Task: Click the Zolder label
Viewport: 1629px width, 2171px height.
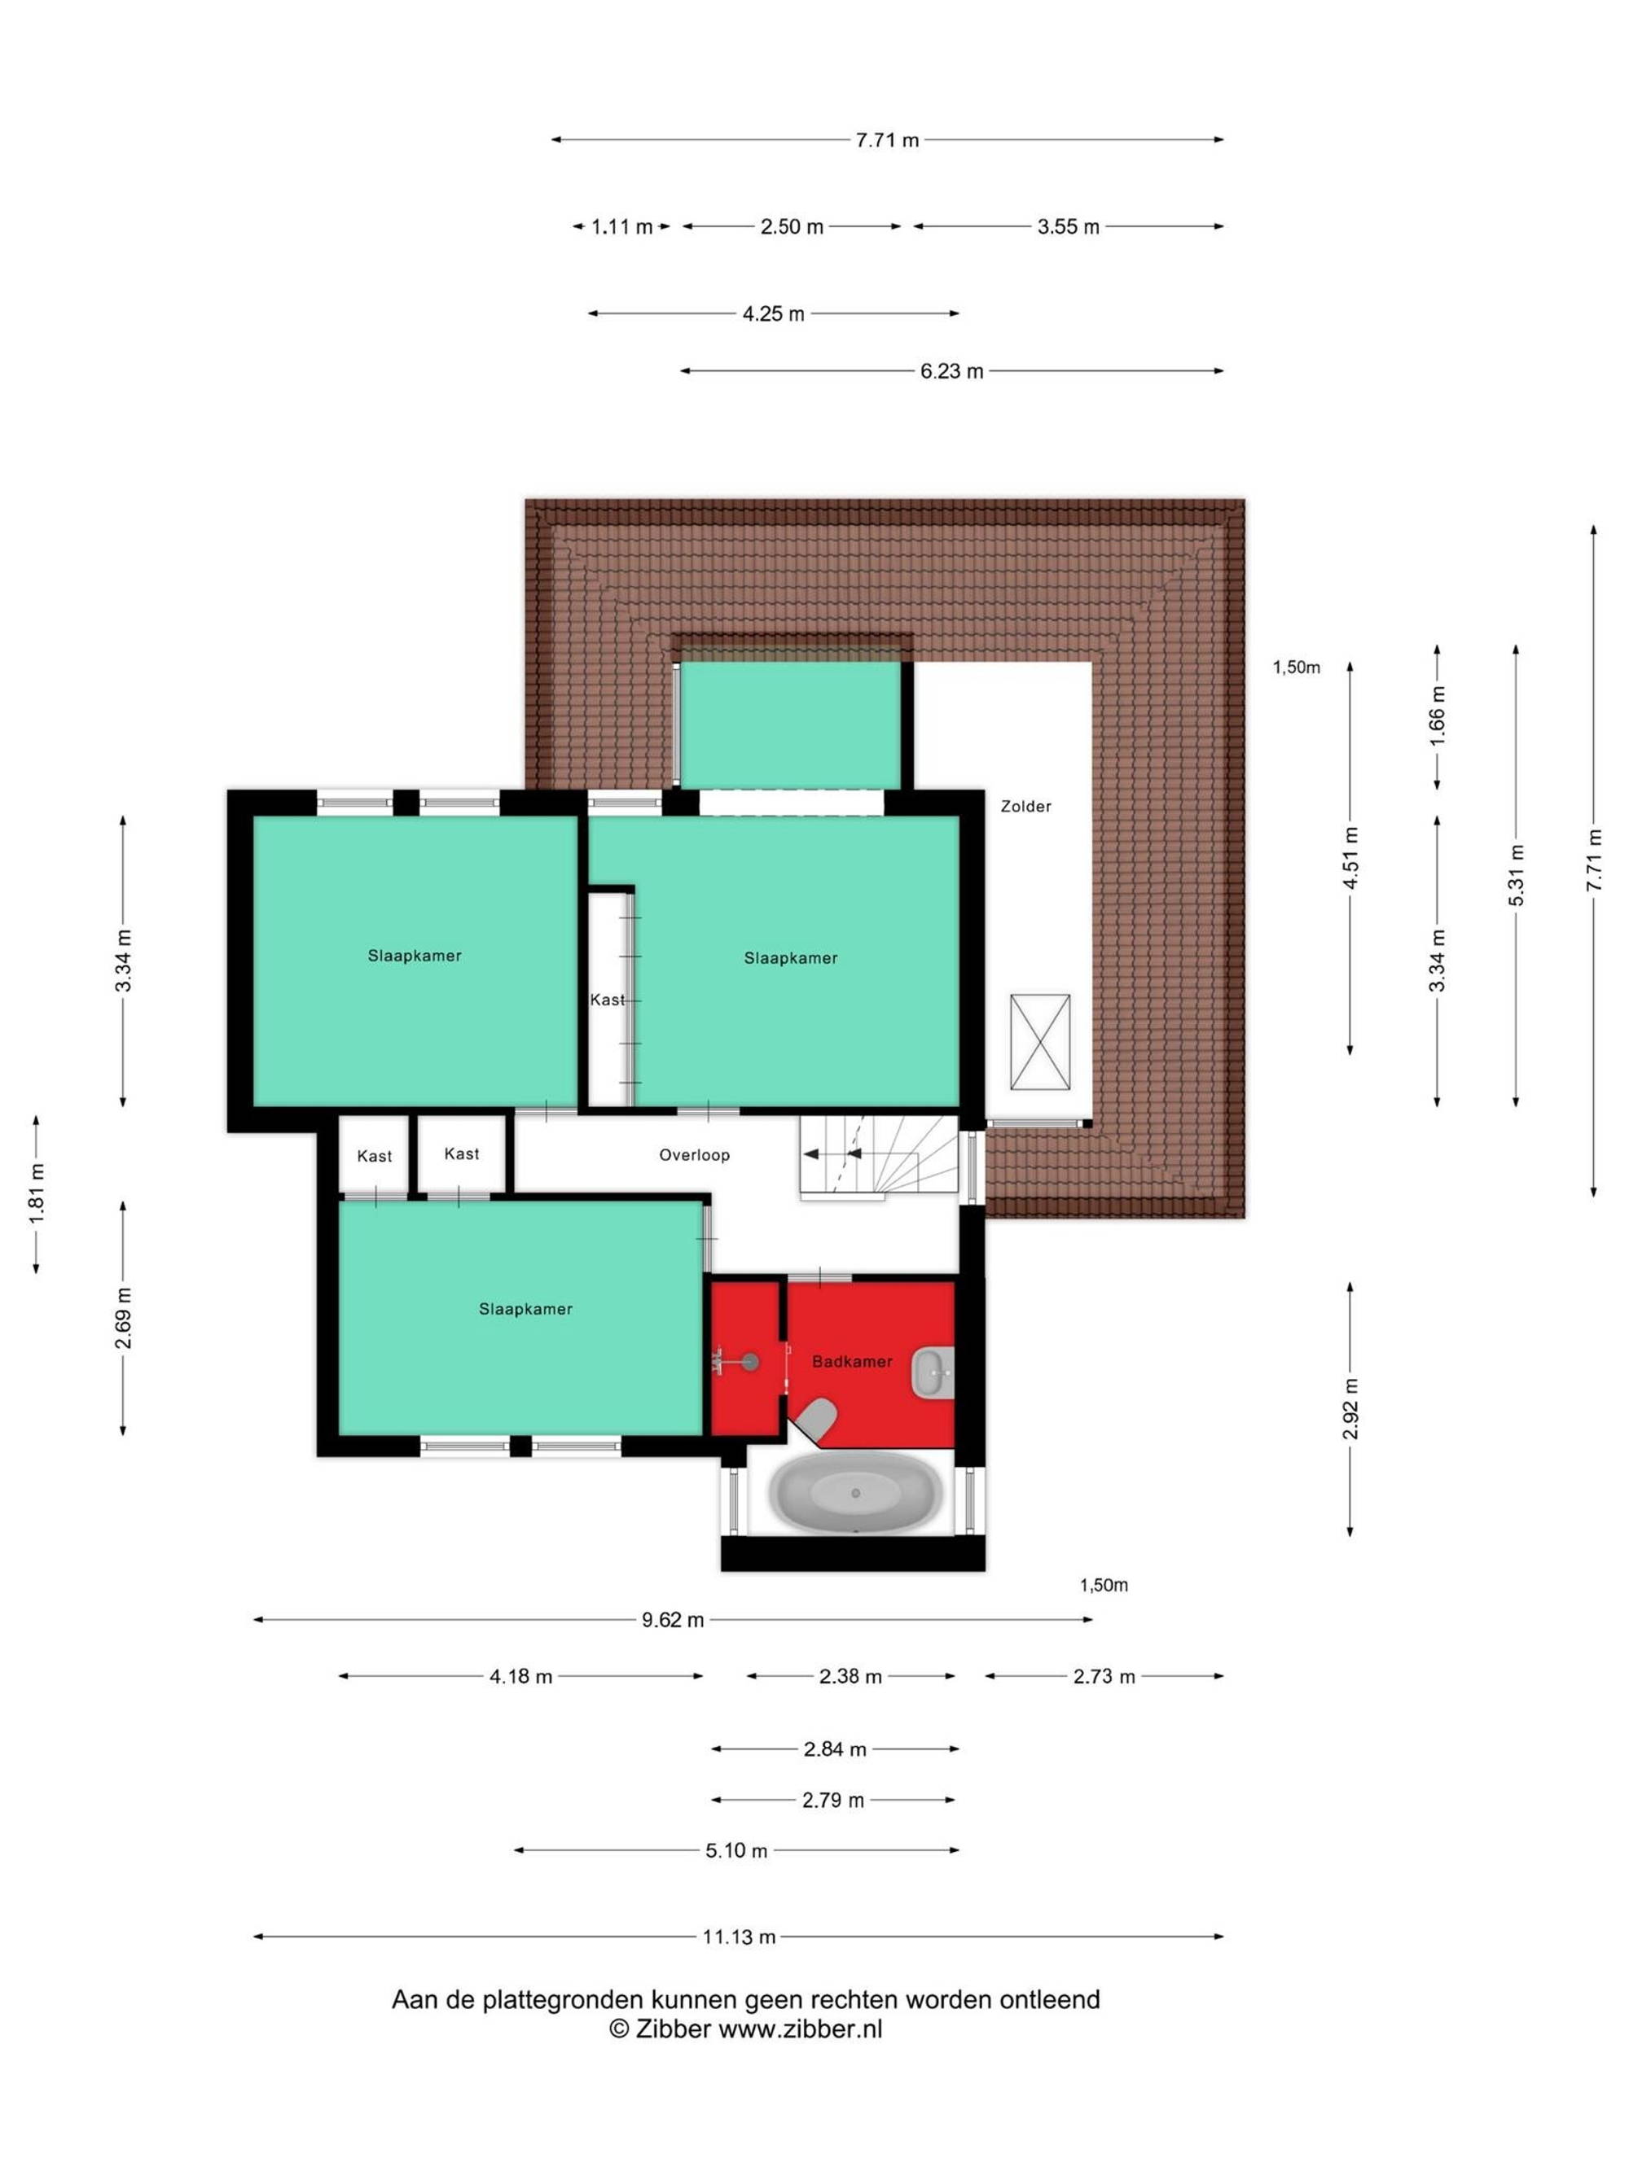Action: tap(1025, 806)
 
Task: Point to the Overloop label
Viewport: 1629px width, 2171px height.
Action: tap(694, 1155)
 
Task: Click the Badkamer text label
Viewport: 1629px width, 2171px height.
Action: tap(851, 1361)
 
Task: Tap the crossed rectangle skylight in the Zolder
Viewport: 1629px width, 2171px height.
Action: tap(1040, 1041)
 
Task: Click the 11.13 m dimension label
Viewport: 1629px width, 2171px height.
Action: tap(739, 1937)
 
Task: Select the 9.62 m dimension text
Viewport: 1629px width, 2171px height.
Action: tap(673, 1619)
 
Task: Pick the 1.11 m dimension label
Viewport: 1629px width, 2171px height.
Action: tap(621, 227)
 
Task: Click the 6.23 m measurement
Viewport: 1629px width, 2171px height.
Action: tap(951, 371)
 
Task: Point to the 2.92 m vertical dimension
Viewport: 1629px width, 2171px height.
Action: tap(1350, 1408)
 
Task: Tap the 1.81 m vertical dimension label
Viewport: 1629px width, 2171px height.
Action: tap(37, 1194)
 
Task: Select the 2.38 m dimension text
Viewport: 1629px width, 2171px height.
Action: tap(850, 1676)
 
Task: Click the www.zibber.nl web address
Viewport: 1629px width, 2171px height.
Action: tap(801, 2029)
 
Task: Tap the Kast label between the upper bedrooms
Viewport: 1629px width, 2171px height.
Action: tap(607, 1000)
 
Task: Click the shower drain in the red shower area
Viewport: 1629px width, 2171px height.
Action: tap(750, 1361)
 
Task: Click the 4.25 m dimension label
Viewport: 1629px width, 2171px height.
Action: tap(773, 314)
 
